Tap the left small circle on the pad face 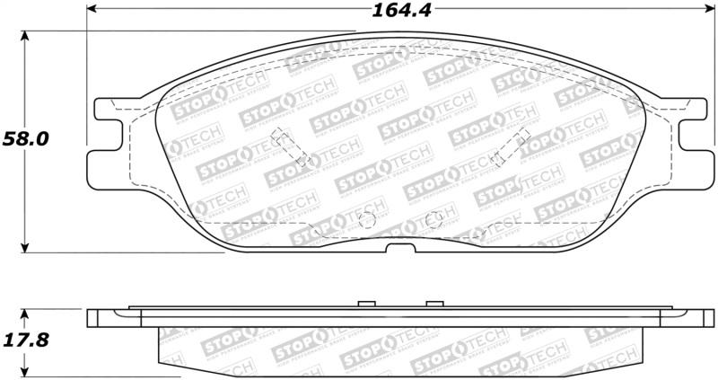coord(365,219)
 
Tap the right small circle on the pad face coord(433,217)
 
